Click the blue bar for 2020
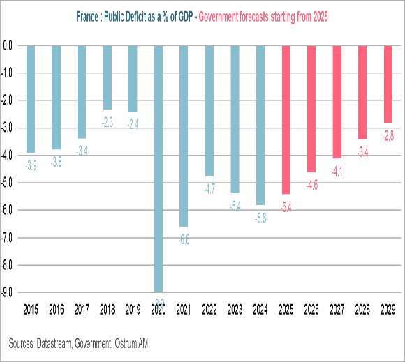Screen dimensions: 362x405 159,167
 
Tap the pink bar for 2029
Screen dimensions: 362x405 388,84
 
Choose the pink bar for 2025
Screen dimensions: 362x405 286,119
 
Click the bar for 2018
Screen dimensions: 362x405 108,77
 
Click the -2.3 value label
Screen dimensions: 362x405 108,121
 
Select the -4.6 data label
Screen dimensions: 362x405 311,185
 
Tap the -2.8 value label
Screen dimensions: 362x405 388,135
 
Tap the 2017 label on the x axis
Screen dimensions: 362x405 82,307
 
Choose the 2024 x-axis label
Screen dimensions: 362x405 260,307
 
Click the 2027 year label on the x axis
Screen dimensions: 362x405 337,307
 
